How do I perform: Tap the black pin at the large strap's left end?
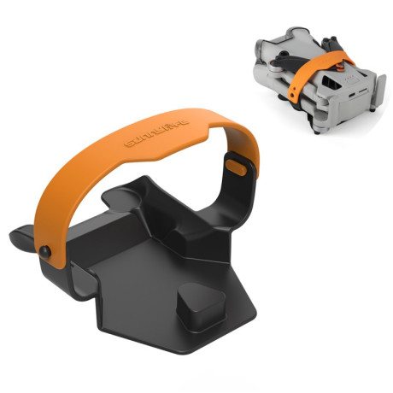44,249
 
